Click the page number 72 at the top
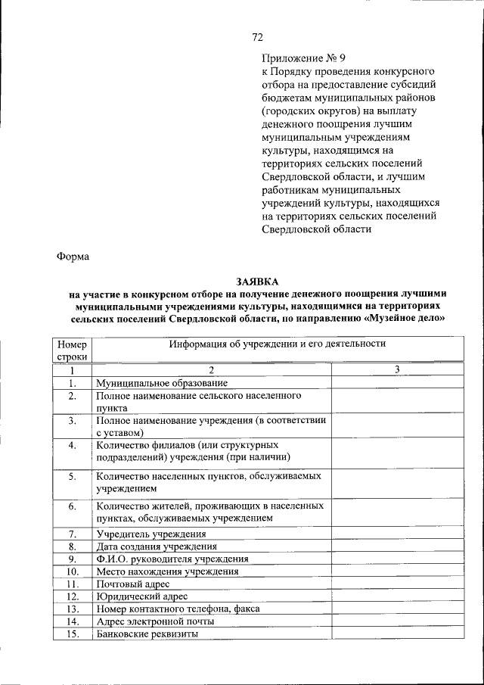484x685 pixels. coord(257,36)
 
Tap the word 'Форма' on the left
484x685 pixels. coord(73,256)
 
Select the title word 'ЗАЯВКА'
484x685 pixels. coord(257,282)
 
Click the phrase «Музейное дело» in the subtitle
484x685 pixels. coord(405,319)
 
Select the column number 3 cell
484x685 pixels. coord(397,369)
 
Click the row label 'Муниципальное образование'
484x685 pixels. coord(162,383)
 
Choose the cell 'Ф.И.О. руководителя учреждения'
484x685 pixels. coord(172,559)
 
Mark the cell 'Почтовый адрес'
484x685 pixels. coord(132,584)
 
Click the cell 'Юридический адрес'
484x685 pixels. coord(141,596)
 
